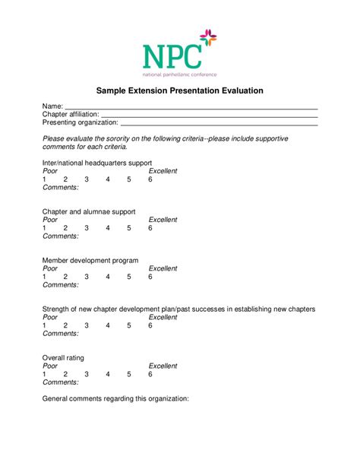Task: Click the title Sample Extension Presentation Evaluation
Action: [179, 90]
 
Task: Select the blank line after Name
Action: [190, 106]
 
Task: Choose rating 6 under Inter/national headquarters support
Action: [150, 179]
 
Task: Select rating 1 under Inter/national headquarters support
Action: [45, 179]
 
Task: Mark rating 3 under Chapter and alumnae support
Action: [87, 228]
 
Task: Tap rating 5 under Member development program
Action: [129, 277]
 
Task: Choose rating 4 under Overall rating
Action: [108, 374]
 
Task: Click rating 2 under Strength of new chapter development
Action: [65, 325]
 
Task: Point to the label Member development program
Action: [90, 260]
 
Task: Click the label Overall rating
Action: [63, 357]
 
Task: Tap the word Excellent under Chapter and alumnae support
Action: [163, 220]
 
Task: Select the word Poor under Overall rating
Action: [50, 366]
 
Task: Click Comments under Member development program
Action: [61, 285]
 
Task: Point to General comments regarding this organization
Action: [115, 398]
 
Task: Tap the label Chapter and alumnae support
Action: [89, 211]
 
